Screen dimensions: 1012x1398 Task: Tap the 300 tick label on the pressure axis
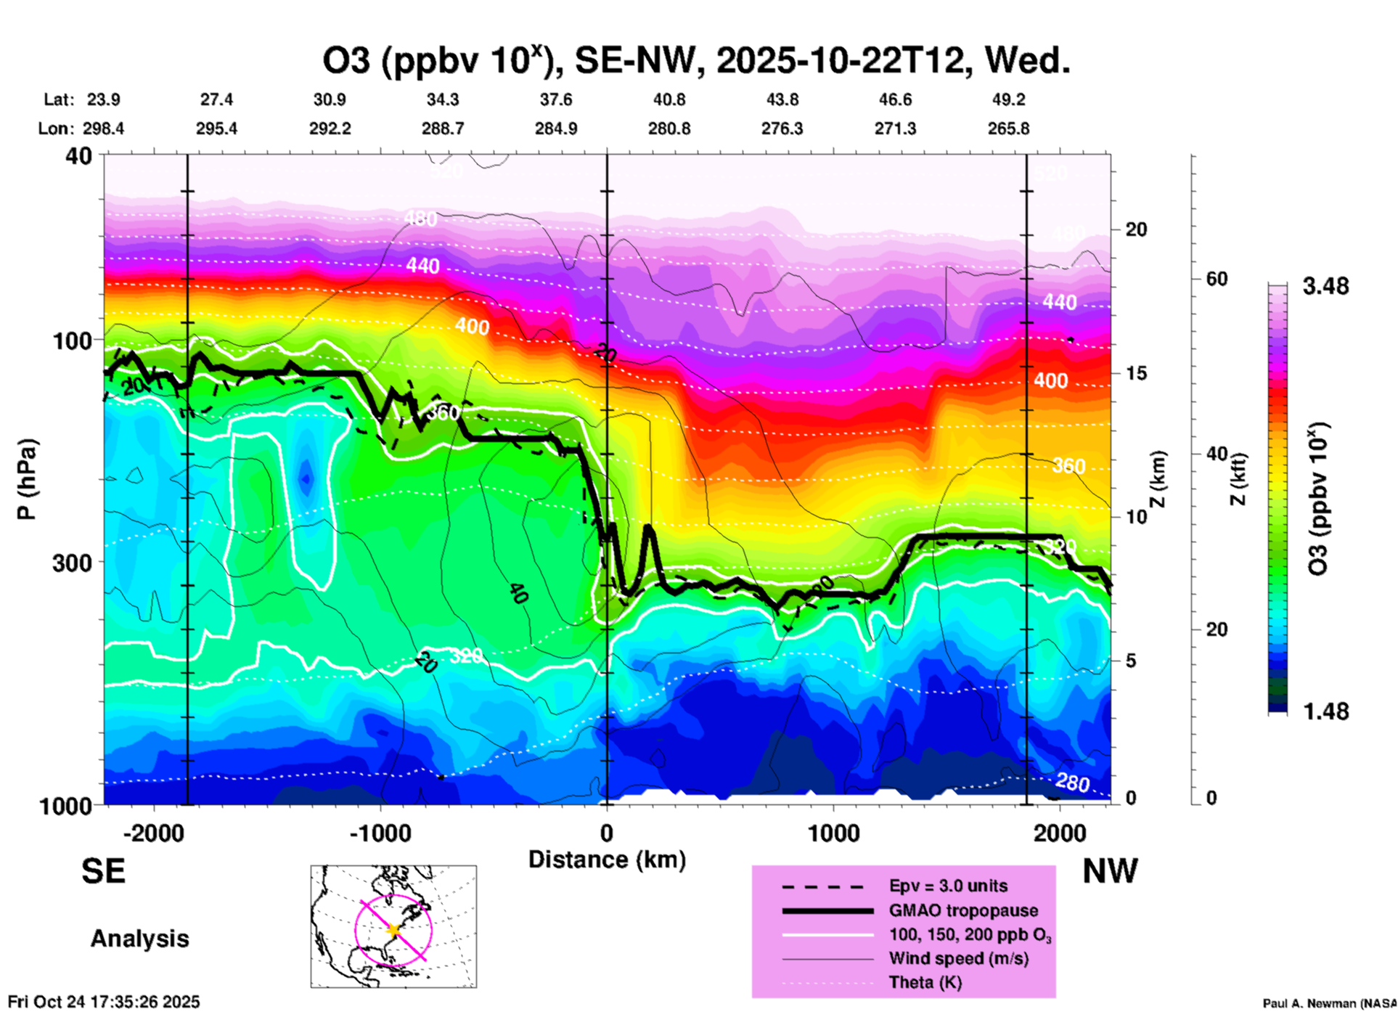(x=73, y=563)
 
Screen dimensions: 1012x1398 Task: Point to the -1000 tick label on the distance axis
(x=380, y=833)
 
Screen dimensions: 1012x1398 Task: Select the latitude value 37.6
(x=556, y=100)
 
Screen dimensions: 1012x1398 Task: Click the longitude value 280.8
(x=669, y=129)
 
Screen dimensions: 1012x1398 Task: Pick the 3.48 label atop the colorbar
(x=1325, y=287)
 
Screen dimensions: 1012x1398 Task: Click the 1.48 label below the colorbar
(x=1325, y=711)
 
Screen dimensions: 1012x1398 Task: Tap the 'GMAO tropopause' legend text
(x=963, y=911)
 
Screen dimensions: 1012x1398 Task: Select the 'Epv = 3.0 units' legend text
(x=948, y=886)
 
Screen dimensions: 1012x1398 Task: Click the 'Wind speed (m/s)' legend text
(x=958, y=959)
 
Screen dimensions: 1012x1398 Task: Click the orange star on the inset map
(x=393, y=930)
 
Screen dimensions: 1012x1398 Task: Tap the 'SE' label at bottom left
(x=103, y=871)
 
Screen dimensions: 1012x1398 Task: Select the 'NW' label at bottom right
(x=1110, y=871)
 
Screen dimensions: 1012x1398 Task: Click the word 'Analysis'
(x=139, y=939)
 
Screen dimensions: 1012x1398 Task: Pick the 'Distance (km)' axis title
(x=607, y=860)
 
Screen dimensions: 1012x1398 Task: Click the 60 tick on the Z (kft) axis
(x=1217, y=279)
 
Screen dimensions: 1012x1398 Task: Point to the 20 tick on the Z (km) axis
(x=1136, y=230)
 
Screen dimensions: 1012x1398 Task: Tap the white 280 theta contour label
(x=1072, y=783)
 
